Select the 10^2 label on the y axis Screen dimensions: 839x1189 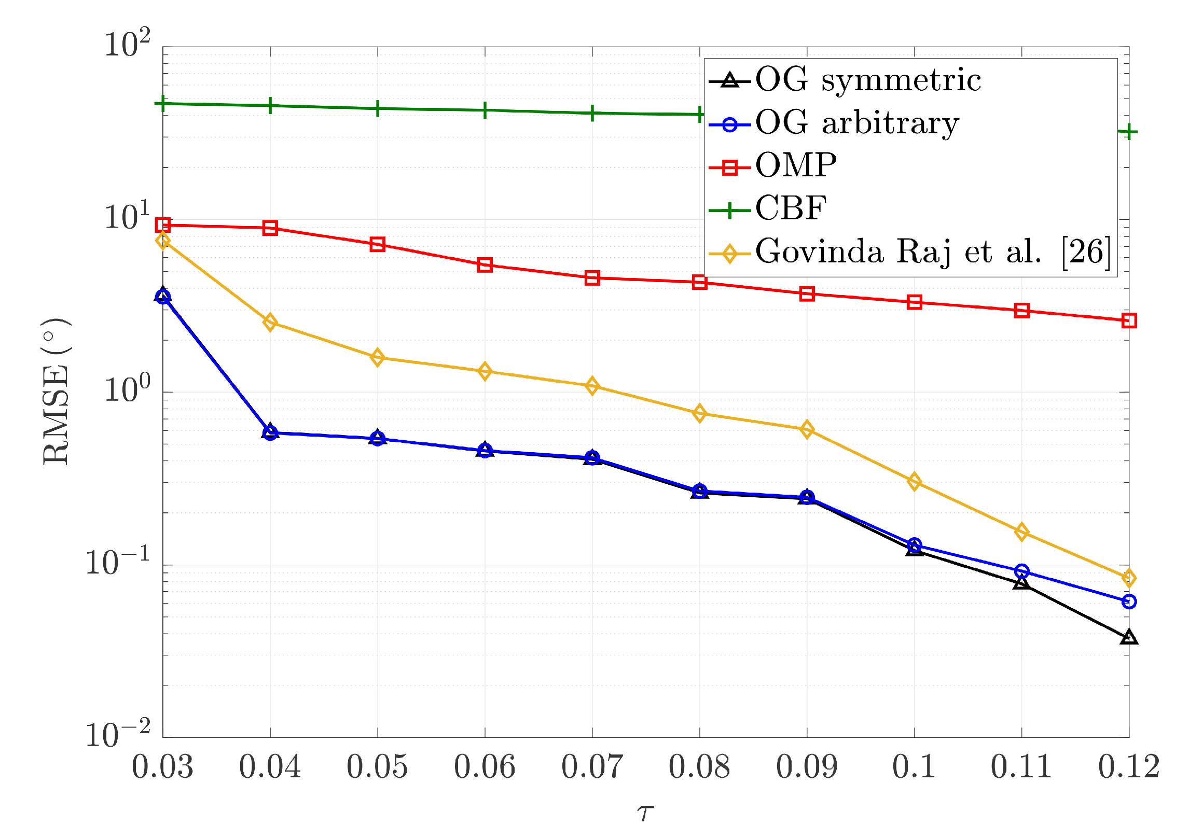(x=128, y=44)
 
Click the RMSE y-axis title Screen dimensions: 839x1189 (x=56, y=392)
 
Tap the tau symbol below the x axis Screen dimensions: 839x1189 (x=645, y=813)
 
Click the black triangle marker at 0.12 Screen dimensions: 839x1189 (x=1129, y=637)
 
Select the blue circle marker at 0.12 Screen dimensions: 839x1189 (x=1129, y=602)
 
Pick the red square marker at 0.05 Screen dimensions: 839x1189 (x=377, y=244)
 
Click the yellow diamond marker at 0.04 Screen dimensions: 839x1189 (x=270, y=323)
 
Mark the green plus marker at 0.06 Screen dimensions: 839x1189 (x=485, y=110)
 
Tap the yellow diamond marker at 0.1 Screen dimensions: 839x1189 (x=914, y=482)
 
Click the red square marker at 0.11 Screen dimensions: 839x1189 (x=1021, y=311)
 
